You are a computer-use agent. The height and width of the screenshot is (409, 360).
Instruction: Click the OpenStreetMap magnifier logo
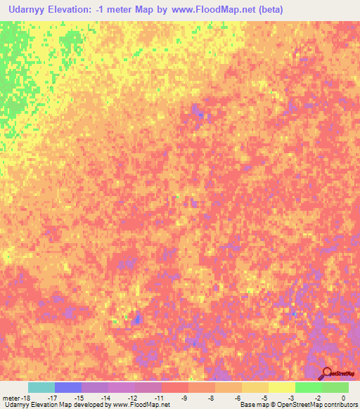pos(327,373)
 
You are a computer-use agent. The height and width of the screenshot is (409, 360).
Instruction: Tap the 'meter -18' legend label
pos(15,398)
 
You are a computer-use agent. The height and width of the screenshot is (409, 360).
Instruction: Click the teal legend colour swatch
pos(41,387)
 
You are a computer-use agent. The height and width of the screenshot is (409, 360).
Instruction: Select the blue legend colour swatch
pos(67,387)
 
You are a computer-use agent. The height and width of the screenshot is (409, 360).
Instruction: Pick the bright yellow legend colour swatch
pos(281,387)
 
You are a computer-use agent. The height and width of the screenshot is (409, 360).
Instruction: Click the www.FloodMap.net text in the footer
pos(141,405)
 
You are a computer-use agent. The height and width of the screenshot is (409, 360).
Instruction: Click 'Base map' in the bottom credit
pos(252,405)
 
